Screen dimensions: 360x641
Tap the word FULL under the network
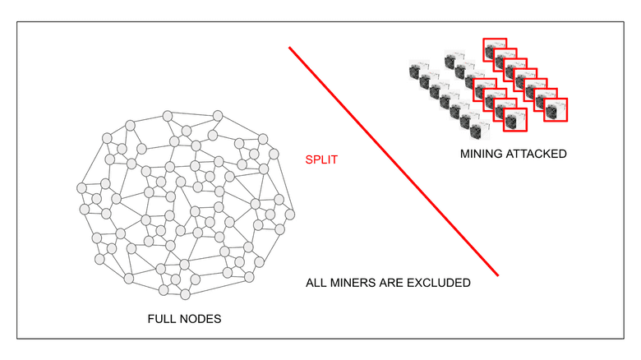(162, 319)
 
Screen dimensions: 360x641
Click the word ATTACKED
(539, 153)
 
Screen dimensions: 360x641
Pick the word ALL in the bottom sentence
(317, 283)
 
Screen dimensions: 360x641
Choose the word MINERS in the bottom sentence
(358, 283)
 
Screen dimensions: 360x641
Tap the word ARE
(401, 283)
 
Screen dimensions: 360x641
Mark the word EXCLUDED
(442, 283)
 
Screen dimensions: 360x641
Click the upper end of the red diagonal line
(290, 48)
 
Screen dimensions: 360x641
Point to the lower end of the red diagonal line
(498, 275)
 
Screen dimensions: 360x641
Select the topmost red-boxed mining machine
(494, 49)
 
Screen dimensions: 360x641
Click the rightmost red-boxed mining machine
(557, 109)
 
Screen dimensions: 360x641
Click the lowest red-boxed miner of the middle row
(515, 120)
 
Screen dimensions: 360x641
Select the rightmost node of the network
(290, 215)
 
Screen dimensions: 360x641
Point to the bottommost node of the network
(186, 293)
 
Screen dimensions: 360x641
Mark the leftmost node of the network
(81, 189)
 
